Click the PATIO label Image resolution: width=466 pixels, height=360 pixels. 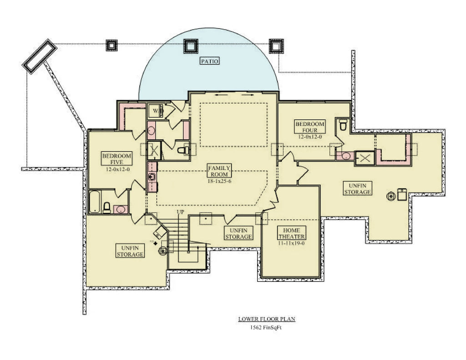click(x=208, y=61)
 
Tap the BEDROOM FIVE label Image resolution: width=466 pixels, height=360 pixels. click(x=116, y=159)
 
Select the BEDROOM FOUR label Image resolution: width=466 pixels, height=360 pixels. click(x=310, y=127)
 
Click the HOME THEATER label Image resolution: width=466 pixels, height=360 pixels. click(x=292, y=233)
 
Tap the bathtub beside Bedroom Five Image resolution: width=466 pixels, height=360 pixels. click(x=94, y=202)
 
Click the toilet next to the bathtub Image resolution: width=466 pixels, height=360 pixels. click(x=107, y=208)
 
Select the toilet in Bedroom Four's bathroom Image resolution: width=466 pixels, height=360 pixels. click(x=344, y=124)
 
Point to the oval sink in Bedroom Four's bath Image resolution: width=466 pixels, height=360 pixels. click(x=346, y=156)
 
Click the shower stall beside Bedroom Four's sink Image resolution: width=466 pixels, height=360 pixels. click(x=365, y=157)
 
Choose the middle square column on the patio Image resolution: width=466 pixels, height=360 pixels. click(x=190, y=46)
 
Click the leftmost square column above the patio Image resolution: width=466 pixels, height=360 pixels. click(x=111, y=45)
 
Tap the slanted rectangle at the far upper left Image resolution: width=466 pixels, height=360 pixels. click(x=40, y=56)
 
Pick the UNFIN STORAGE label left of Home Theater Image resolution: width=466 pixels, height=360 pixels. click(x=238, y=233)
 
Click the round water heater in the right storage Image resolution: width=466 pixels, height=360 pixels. click(x=390, y=196)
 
